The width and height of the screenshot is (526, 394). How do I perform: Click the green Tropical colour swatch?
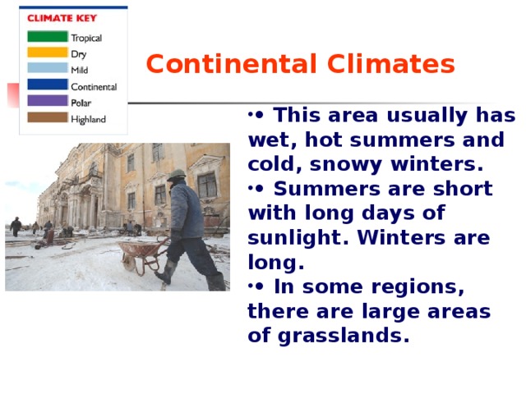pyautogui.click(x=47, y=37)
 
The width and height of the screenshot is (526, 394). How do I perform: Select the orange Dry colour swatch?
pyautogui.click(x=47, y=53)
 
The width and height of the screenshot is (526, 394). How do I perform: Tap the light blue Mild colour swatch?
pyautogui.click(x=47, y=69)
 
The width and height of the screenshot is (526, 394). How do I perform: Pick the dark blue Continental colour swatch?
pyautogui.click(x=47, y=85)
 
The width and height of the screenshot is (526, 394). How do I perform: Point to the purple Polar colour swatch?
pyautogui.click(x=47, y=102)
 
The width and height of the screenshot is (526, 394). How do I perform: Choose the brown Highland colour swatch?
pyautogui.click(x=47, y=118)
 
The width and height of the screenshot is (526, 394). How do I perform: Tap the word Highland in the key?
pyautogui.click(x=88, y=119)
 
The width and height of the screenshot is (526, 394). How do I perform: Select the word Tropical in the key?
pyautogui.click(x=86, y=38)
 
